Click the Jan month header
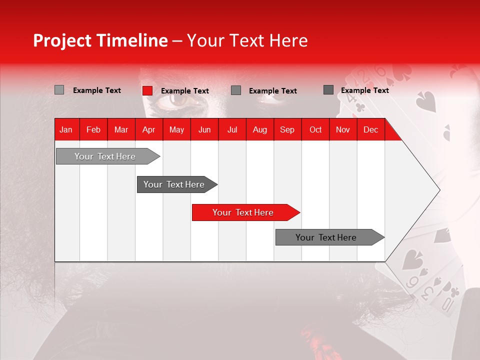click(x=66, y=130)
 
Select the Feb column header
click(x=93, y=130)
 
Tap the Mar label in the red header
click(x=121, y=130)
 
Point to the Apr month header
click(x=149, y=130)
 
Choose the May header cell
click(x=176, y=130)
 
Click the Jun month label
click(x=204, y=130)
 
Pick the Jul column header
click(x=232, y=130)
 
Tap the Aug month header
click(x=260, y=130)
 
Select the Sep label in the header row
click(x=287, y=130)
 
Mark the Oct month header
click(x=315, y=130)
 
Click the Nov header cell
click(x=343, y=130)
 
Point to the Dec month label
click(x=370, y=130)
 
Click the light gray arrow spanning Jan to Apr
click(x=108, y=156)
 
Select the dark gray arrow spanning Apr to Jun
click(x=177, y=184)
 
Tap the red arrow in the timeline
click(x=246, y=212)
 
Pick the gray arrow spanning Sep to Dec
click(x=330, y=237)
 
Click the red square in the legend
click(x=147, y=90)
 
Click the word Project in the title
click(x=62, y=40)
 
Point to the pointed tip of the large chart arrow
click(x=440, y=190)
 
